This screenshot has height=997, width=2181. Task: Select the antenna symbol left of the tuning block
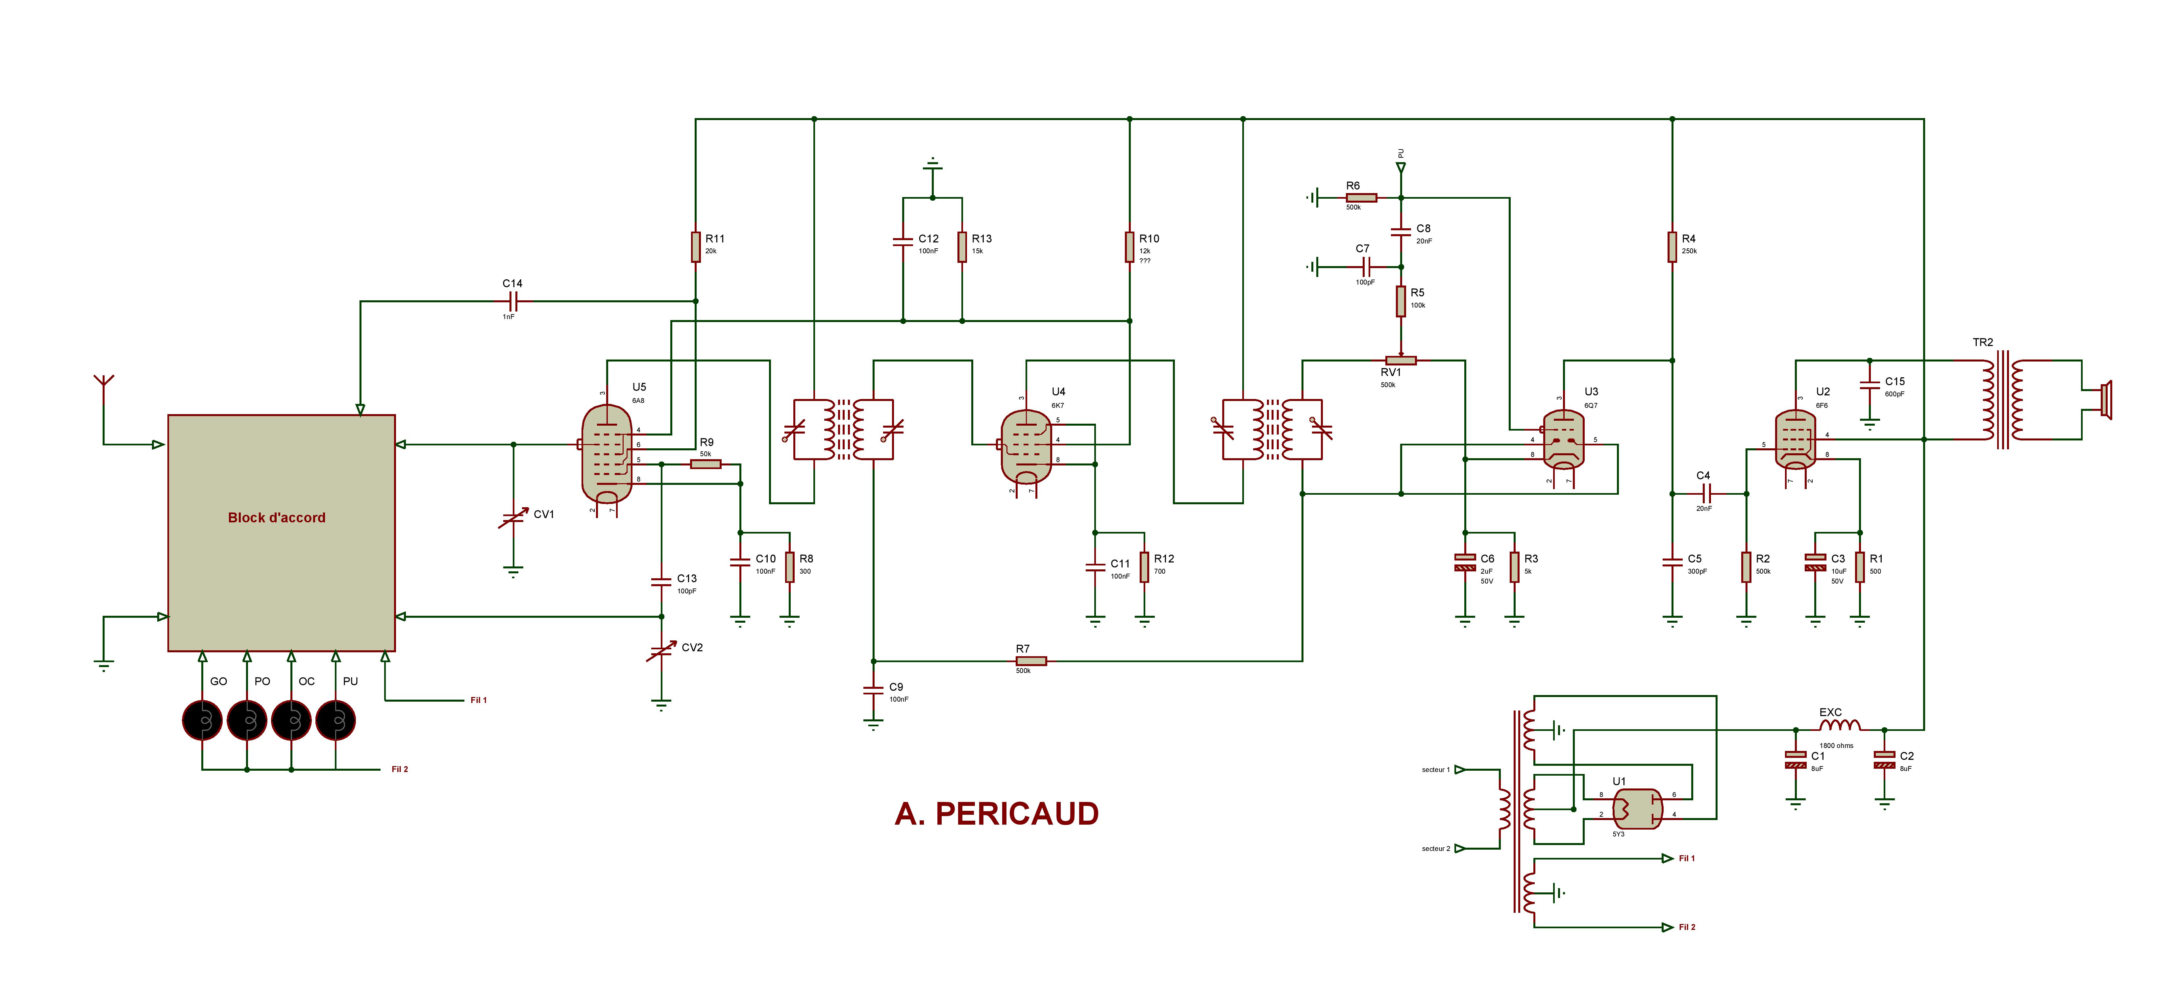[x=103, y=383]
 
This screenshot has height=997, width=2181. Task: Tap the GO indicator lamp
[x=202, y=721]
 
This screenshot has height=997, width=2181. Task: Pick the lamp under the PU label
[x=335, y=721]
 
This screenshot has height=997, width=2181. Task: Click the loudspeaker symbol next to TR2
[x=2106, y=400]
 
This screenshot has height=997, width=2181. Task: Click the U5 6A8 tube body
[x=607, y=453]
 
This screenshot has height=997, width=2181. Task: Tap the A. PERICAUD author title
[x=997, y=813]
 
